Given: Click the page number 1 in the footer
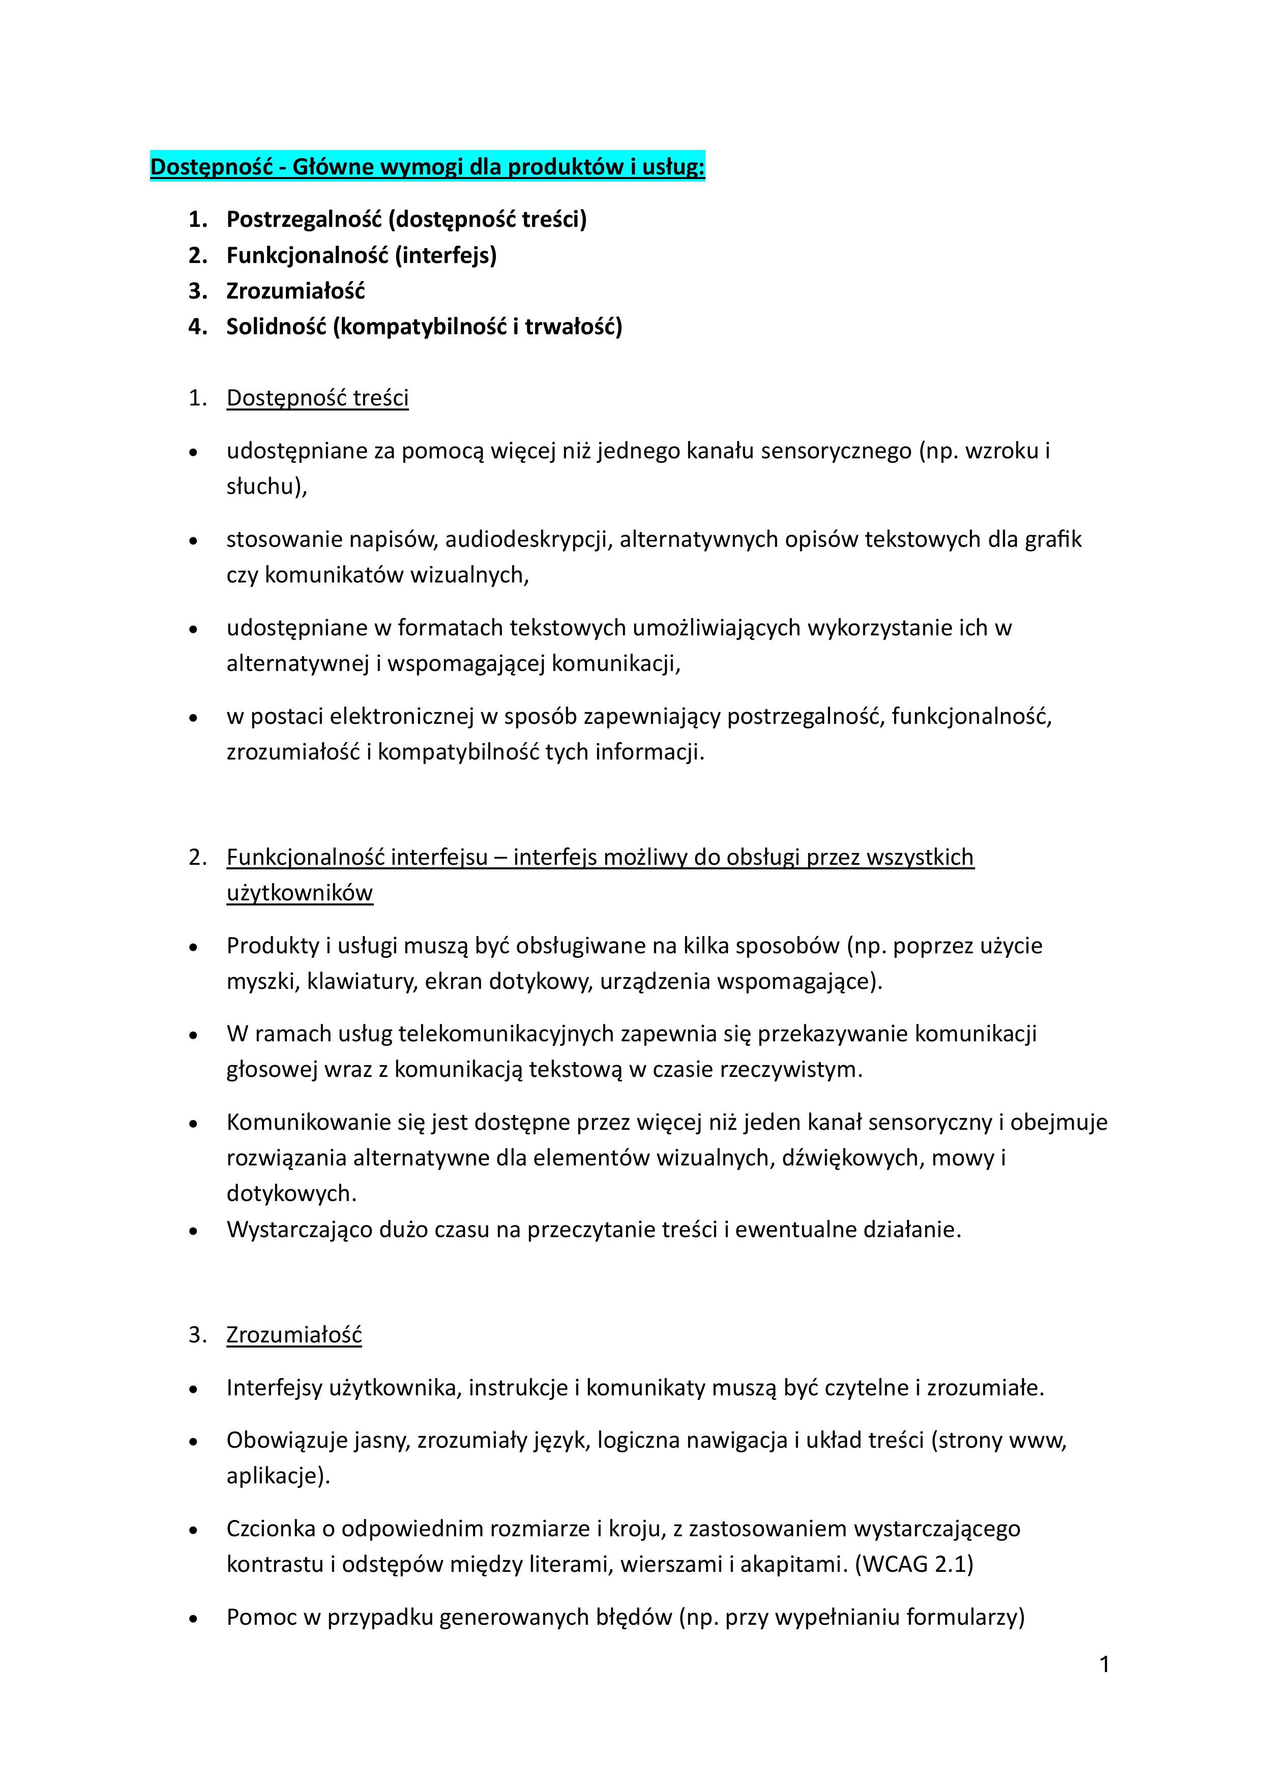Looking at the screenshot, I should (1104, 1664).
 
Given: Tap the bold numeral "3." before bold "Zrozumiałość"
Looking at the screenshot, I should (197, 291).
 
